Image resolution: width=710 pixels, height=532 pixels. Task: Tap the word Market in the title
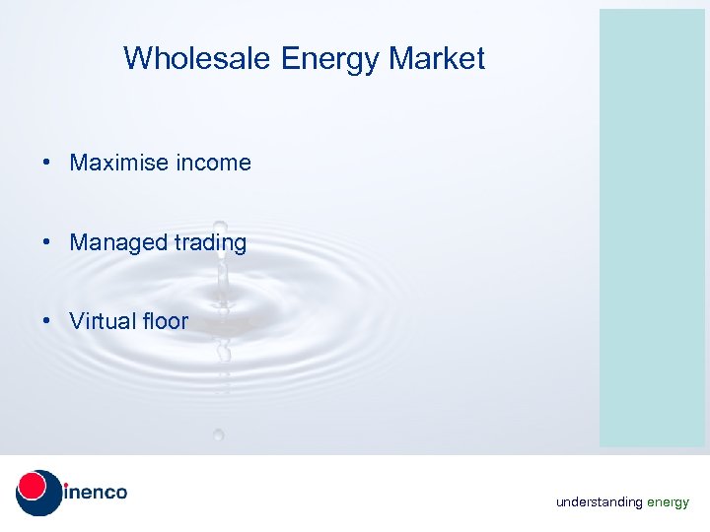(437, 59)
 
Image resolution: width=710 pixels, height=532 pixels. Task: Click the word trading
(208, 241)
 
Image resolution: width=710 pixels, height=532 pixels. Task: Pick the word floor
(165, 320)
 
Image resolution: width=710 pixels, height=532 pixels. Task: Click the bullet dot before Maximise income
(47, 164)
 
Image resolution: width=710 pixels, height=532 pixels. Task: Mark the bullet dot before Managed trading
(47, 242)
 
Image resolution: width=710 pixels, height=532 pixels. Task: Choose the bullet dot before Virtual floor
(47, 321)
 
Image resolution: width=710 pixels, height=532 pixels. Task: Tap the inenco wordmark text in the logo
(96, 492)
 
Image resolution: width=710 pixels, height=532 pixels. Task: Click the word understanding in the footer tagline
(599, 502)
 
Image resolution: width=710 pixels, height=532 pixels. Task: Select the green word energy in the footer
(668, 502)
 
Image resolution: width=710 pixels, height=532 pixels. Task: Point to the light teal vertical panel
(652, 227)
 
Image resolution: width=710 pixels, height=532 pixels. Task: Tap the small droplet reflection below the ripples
(218, 433)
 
